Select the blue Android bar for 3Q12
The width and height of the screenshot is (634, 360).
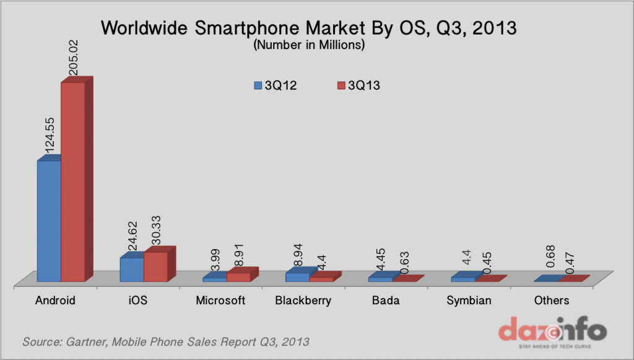(x=49, y=221)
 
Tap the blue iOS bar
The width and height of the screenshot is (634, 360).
(x=131, y=270)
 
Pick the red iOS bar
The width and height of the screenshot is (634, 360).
(x=155, y=266)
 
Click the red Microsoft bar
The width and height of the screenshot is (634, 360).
(x=238, y=277)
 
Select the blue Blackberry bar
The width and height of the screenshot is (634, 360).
(x=297, y=277)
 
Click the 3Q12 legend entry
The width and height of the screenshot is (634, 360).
(x=276, y=86)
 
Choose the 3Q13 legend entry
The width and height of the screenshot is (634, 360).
(x=358, y=86)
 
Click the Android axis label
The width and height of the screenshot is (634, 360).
(x=55, y=301)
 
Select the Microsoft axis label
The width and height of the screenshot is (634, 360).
(x=220, y=301)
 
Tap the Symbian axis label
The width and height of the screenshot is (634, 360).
(x=469, y=301)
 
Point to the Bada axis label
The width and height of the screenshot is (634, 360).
(x=386, y=301)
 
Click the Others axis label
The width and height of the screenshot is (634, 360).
(x=551, y=301)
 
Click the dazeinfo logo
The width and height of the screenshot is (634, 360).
(x=552, y=330)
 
